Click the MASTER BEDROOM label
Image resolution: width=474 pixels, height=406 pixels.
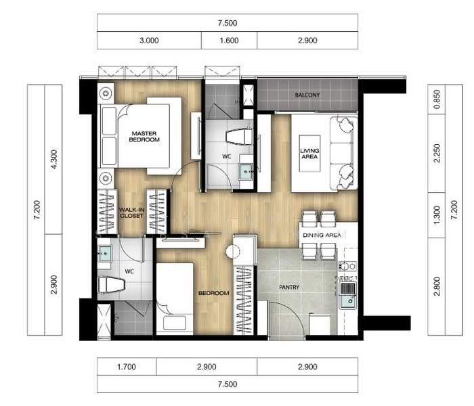[x=144, y=136]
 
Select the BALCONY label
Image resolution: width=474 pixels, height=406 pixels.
[x=307, y=95]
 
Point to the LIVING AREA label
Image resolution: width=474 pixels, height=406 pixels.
[x=309, y=154]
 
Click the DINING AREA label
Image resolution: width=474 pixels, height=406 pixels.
[x=322, y=234]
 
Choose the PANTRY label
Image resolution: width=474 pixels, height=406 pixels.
[x=289, y=288]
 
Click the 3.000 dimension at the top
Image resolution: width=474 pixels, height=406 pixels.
[x=149, y=40]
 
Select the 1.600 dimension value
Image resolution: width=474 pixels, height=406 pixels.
[x=229, y=40]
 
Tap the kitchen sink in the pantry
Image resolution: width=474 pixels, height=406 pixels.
[x=347, y=295]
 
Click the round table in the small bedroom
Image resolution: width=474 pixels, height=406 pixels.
[x=234, y=252]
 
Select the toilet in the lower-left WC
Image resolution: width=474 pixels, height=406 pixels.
[x=112, y=286]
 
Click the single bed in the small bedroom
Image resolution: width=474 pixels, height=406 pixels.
[x=175, y=298]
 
